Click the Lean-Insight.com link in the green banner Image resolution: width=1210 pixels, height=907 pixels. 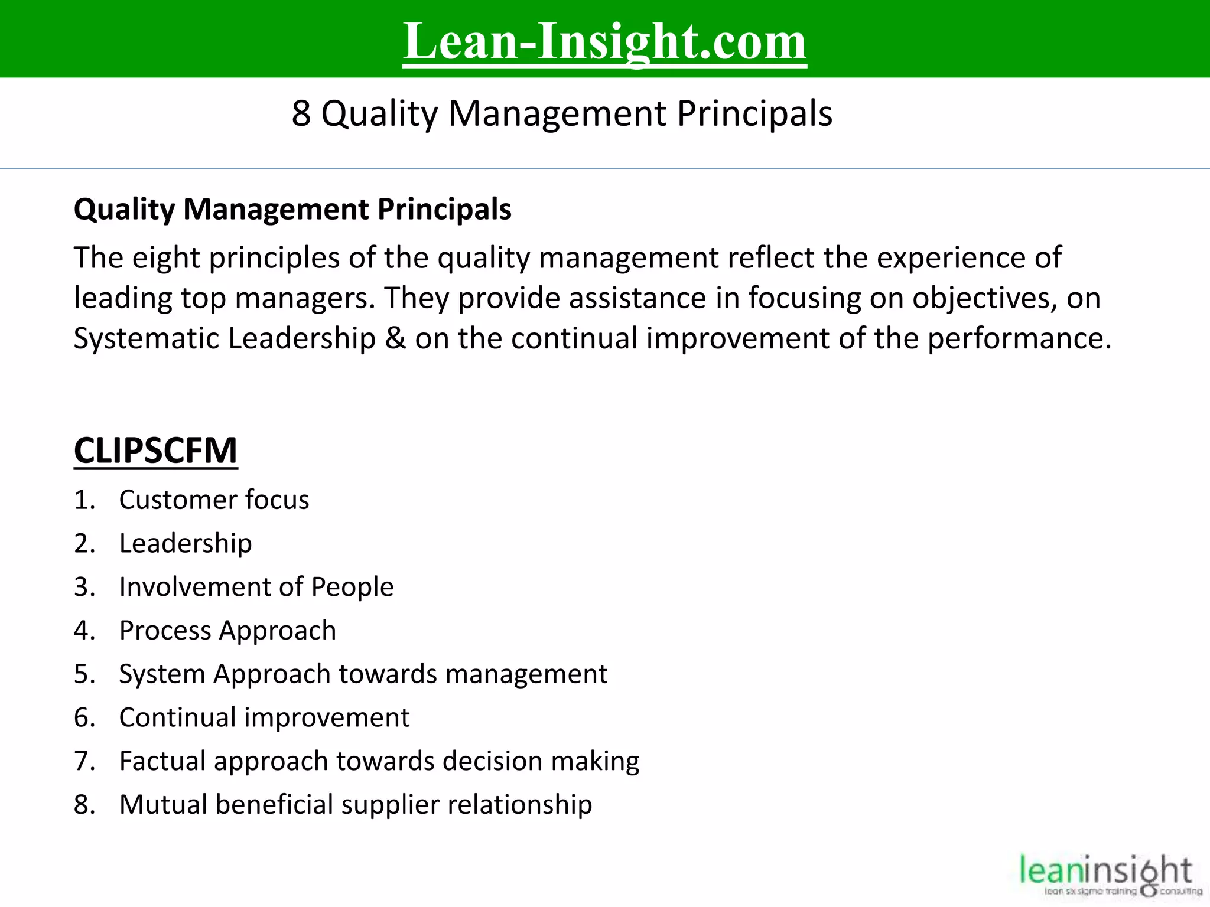click(604, 41)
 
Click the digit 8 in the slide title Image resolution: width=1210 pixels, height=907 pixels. click(301, 113)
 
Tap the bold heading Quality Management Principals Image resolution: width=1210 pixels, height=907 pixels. click(292, 209)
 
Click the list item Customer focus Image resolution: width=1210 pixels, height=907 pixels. click(214, 500)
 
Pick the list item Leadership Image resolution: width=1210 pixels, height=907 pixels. click(186, 543)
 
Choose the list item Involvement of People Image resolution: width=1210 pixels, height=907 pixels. click(256, 587)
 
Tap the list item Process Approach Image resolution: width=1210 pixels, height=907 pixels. click(227, 630)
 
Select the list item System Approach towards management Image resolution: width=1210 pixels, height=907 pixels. click(363, 674)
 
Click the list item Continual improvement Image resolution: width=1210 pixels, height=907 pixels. click(264, 717)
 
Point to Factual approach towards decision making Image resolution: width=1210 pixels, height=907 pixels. click(379, 761)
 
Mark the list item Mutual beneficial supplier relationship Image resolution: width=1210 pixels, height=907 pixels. click(355, 804)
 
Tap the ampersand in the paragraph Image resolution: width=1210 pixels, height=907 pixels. click(395, 338)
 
